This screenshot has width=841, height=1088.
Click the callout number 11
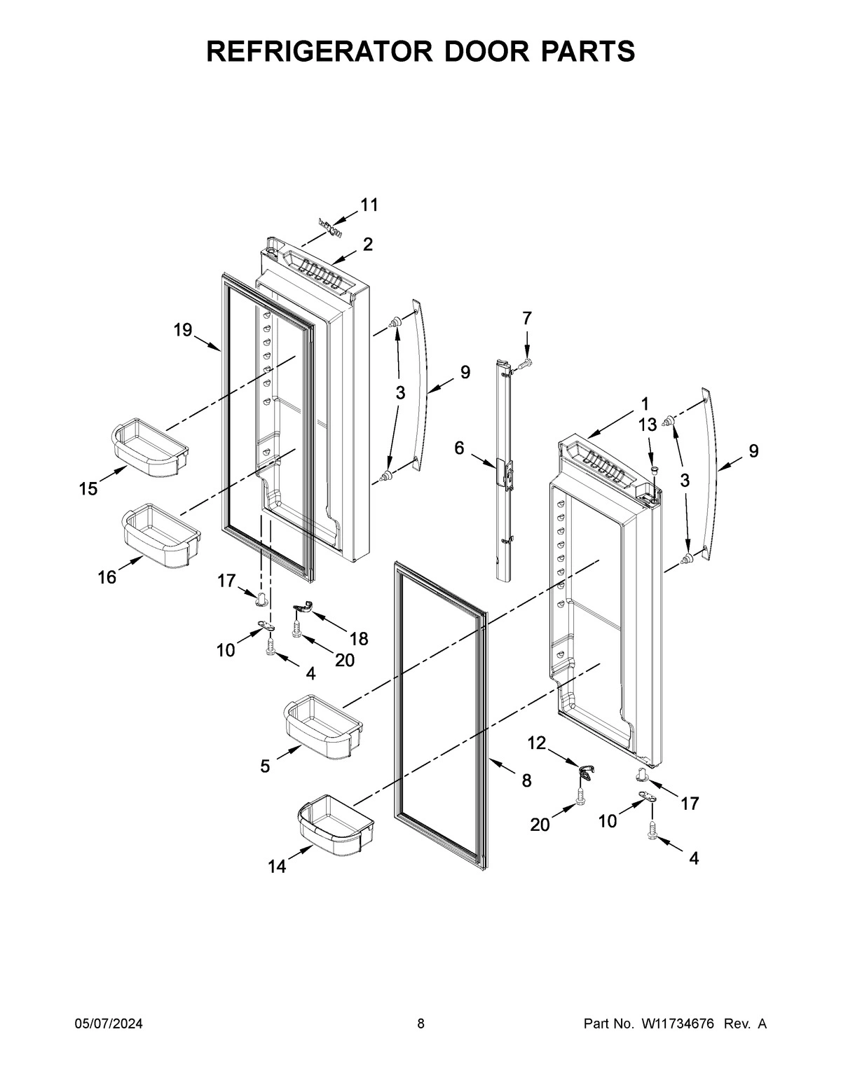point(369,205)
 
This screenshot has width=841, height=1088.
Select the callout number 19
point(183,330)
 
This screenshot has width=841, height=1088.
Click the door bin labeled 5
point(322,728)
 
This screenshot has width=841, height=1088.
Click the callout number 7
point(527,318)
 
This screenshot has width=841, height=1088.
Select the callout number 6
point(459,448)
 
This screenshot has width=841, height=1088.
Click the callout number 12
point(537,743)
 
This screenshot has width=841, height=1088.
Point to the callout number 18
point(359,638)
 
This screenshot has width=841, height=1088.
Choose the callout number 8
point(526,780)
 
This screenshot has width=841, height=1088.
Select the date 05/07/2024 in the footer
point(109,1024)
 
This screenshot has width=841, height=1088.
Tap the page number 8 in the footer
point(420,1024)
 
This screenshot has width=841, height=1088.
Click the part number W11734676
point(676,1024)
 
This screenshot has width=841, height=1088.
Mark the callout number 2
point(367,245)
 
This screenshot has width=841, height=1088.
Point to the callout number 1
point(644,404)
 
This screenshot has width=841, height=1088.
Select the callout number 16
point(107,578)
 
